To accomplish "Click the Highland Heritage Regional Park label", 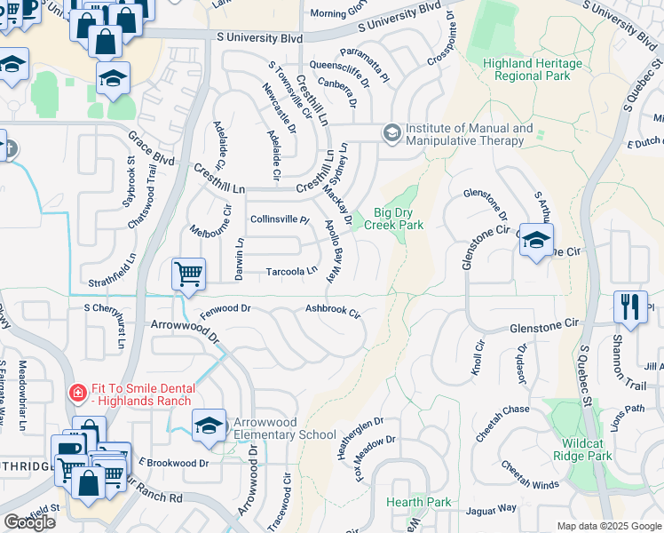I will click(x=533, y=70).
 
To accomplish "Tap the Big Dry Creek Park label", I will click(x=399, y=219).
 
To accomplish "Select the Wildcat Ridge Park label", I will click(x=588, y=449).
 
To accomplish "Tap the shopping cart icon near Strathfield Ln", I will click(x=188, y=275).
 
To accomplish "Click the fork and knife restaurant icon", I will click(x=629, y=307).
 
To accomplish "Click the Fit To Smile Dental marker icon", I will click(x=78, y=392).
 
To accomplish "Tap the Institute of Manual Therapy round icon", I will click(x=391, y=133).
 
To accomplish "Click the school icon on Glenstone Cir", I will click(x=536, y=240).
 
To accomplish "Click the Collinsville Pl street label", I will click(x=279, y=219).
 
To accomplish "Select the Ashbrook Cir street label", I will click(x=333, y=312).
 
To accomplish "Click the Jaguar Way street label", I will click(x=495, y=508).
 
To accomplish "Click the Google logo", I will click(x=29, y=522).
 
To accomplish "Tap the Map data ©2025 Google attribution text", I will click(x=608, y=526).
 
